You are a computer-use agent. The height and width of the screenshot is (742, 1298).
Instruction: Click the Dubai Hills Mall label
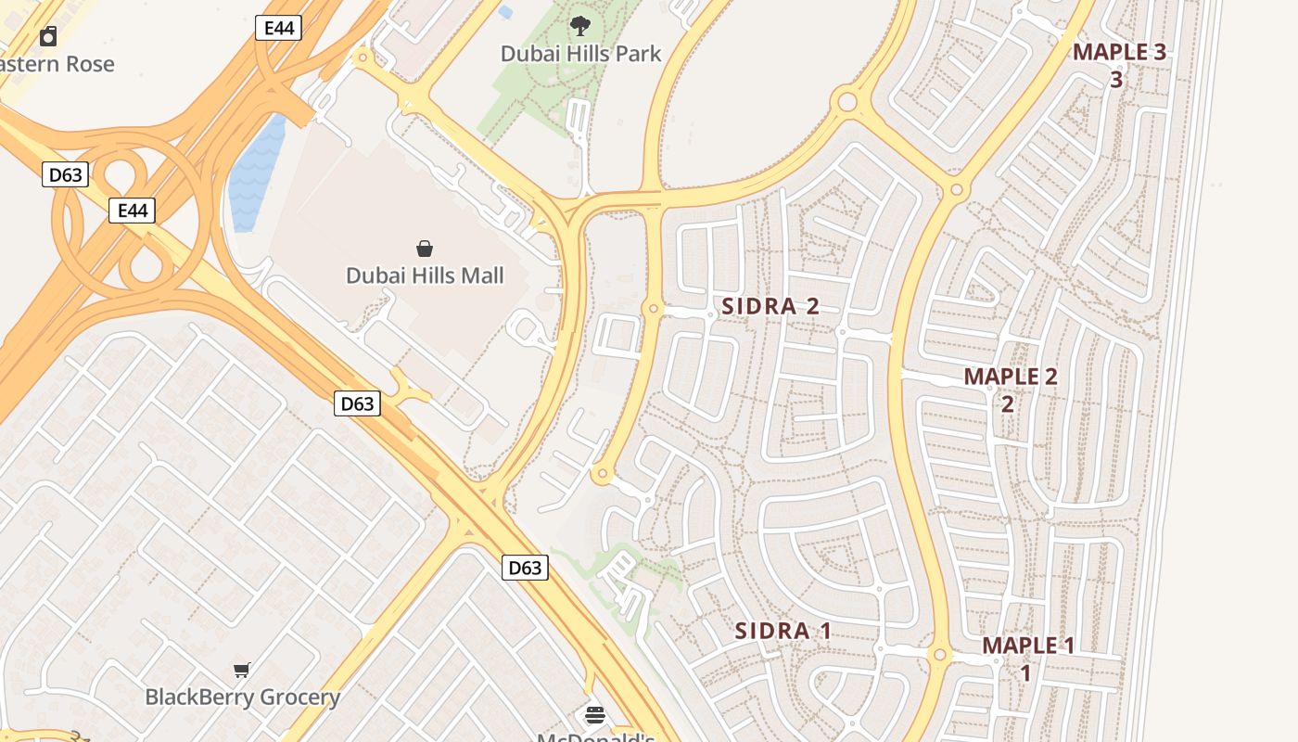coord(425,275)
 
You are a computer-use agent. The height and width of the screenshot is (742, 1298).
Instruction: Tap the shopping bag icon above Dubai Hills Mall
coord(425,248)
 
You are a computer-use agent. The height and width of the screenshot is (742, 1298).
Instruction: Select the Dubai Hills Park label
coord(581,54)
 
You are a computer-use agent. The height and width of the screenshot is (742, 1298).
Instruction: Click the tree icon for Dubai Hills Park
coord(581,25)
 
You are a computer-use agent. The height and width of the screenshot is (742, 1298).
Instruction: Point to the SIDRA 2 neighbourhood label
coord(770,307)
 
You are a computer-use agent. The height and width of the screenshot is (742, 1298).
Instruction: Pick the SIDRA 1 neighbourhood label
coord(783,632)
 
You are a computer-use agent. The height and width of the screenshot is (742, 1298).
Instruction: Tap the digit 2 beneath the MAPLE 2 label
coord(1007,404)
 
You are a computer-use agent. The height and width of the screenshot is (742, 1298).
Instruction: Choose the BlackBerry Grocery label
coord(243,697)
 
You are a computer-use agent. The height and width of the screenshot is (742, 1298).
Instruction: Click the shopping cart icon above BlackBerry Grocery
coord(242,670)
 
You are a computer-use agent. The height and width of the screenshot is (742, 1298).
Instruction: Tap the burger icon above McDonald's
coord(595,715)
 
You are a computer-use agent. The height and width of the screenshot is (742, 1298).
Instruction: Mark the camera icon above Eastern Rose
coord(48,36)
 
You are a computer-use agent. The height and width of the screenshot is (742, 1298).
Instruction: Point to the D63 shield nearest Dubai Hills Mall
coord(357,403)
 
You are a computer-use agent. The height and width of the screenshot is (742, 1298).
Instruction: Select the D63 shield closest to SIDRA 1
coord(525,568)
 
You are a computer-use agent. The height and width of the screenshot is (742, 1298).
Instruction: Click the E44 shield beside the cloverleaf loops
coord(132,211)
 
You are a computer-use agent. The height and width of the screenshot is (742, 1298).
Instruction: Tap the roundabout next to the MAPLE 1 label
coord(939,655)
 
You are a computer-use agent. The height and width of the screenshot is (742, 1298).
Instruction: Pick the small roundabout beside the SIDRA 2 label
coord(654,308)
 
